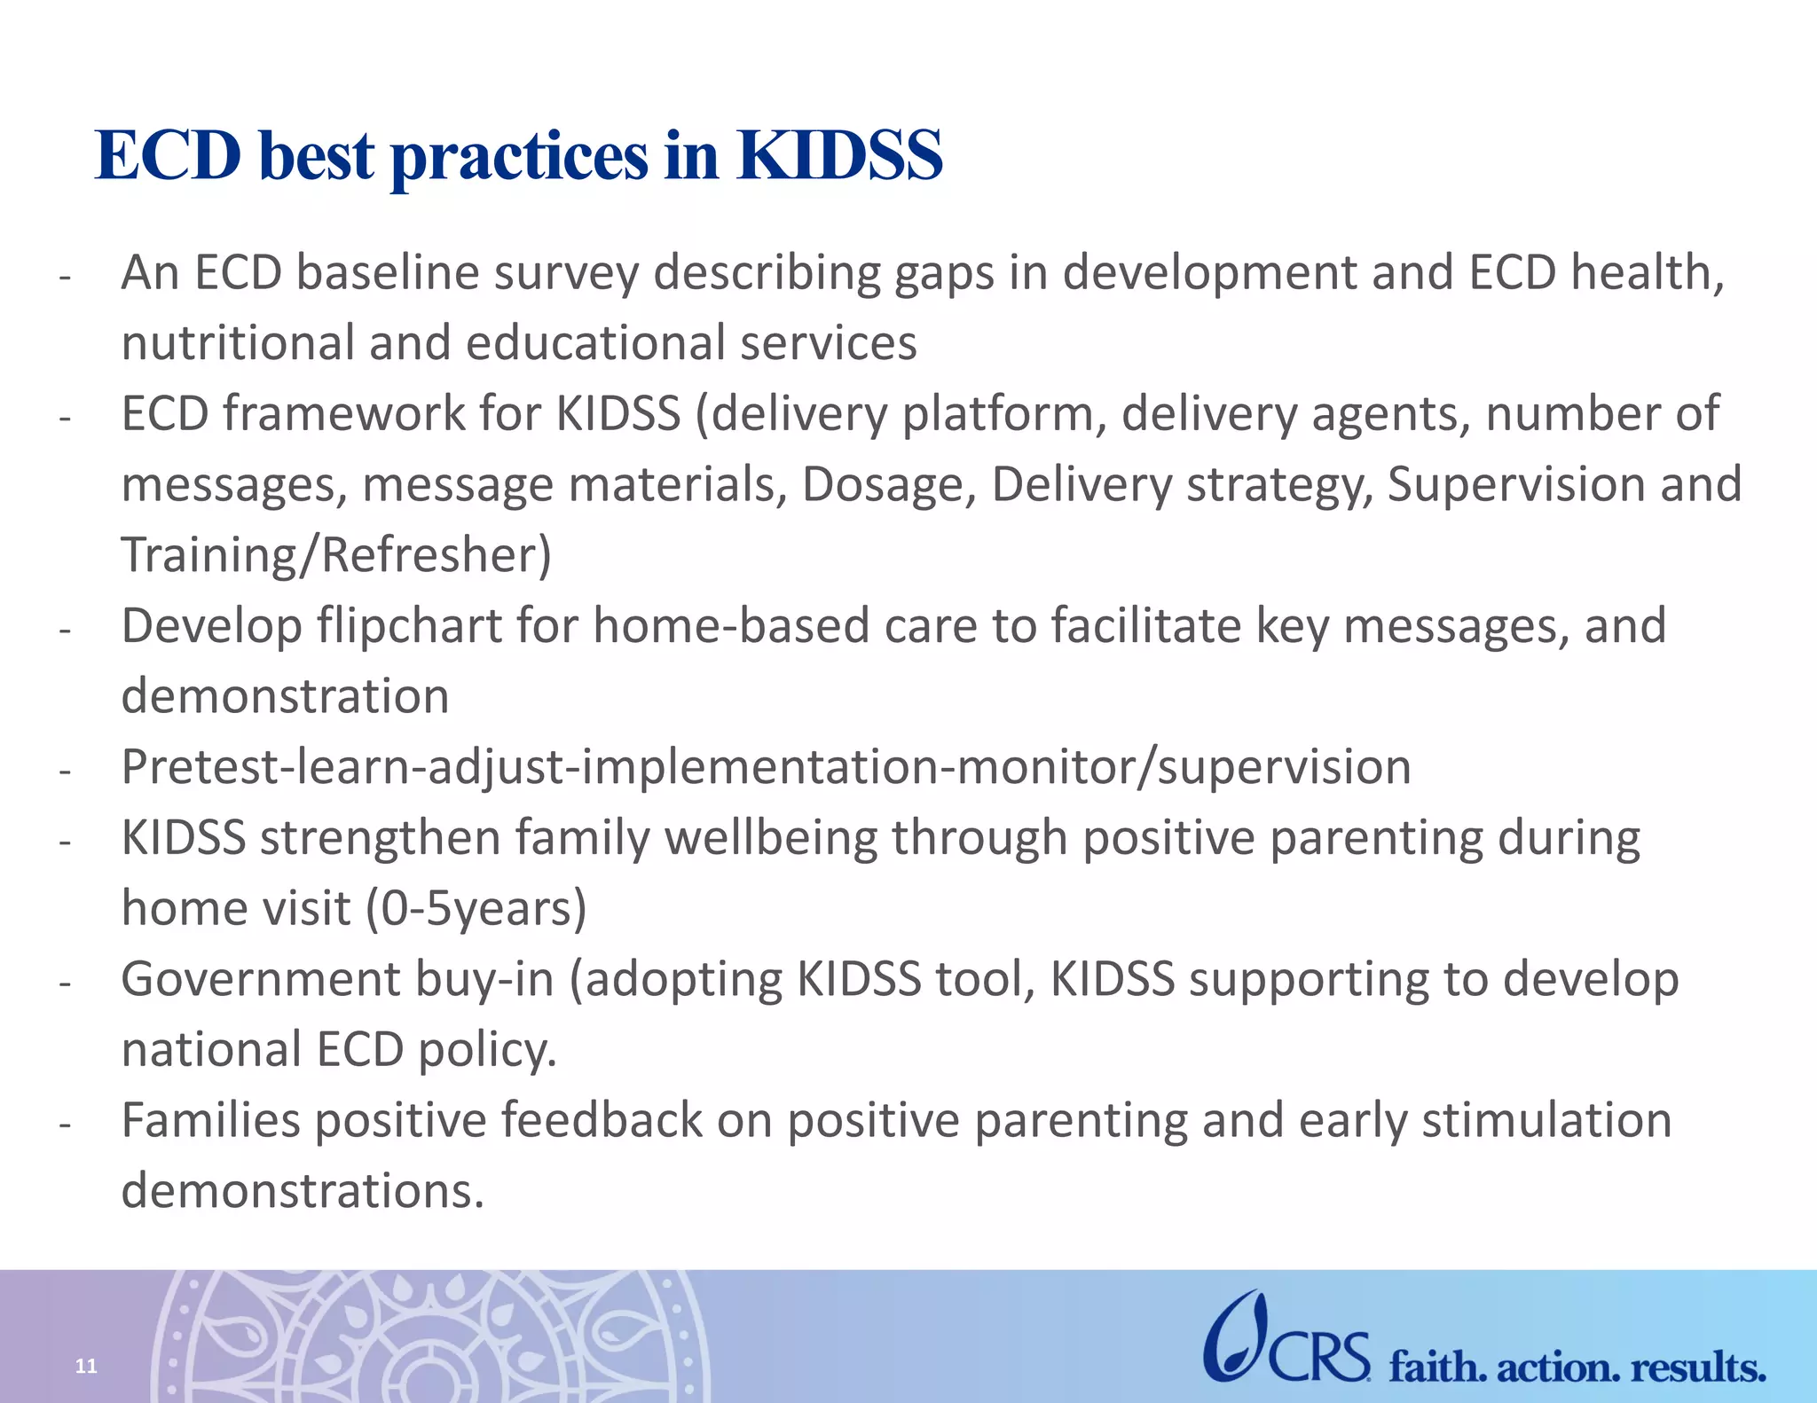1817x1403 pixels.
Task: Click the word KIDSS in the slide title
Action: [838, 155]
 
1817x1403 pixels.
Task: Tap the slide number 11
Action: [86, 1366]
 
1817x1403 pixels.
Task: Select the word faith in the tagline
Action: [1437, 1367]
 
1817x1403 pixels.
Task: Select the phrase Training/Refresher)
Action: [336, 556]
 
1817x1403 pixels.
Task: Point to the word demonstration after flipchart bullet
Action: [285, 696]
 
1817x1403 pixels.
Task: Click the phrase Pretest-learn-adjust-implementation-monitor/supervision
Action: [766, 767]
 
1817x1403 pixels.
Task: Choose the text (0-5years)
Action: [476, 909]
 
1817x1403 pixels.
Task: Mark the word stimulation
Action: [1546, 1120]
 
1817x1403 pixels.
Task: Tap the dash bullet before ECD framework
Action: [64, 418]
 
